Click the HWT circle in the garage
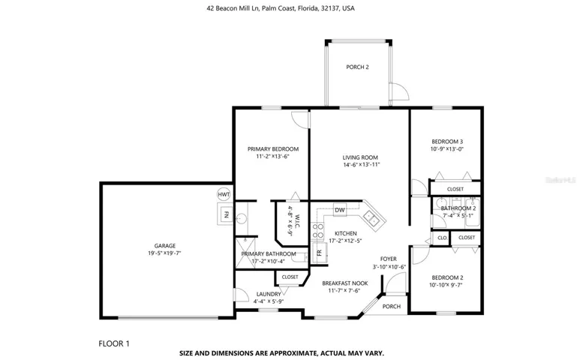coord(224,194)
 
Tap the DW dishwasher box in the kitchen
coord(340,210)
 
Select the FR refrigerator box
coord(320,253)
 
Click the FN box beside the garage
coord(226,214)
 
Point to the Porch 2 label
coord(357,67)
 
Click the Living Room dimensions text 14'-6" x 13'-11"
coord(362,165)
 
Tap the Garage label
coord(165,246)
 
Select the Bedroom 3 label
coord(447,142)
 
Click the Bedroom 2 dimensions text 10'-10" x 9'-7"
coord(446,285)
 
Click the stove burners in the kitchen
coord(317,231)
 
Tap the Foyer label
coord(388,259)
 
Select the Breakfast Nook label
coord(345,283)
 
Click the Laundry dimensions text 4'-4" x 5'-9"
coord(269,301)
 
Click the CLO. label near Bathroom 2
coord(443,238)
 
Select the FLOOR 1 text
coord(114,343)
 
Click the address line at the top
coord(281,8)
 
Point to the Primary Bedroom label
coord(273,149)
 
